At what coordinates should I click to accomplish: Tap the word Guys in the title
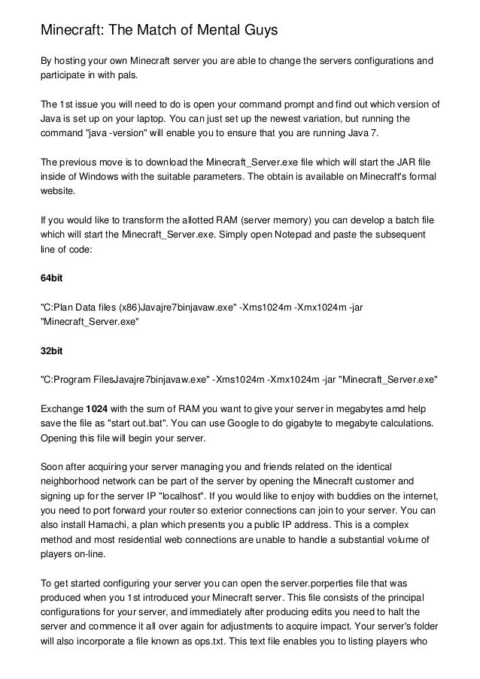coord(255,31)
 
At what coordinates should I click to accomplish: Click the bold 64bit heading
coord(51,278)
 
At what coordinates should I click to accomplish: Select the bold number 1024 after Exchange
coord(97,409)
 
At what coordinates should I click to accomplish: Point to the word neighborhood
coord(74,481)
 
